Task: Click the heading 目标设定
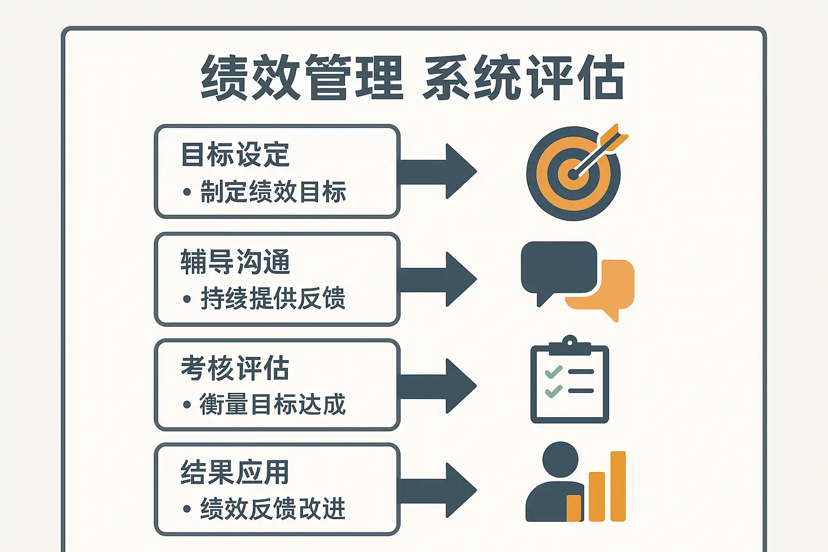pyautogui.click(x=235, y=155)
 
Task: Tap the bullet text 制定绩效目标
pyautogui.click(x=273, y=192)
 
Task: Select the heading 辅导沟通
pyautogui.click(x=235, y=262)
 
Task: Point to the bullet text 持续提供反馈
pyautogui.click(x=273, y=299)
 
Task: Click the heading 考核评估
pyautogui.click(x=235, y=369)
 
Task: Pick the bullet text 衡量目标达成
pyautogui.click(x=273, y=404)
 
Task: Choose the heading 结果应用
pyautogui.click(x=235, y=473)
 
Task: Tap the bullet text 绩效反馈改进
pyautogui.click(x=273, y=509)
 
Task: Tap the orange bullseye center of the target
pyautogui.click(x=572, y=174)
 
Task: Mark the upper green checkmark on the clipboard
pyautogui.click(x=554, y=372)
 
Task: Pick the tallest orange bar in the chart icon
pyautogui.click(x=618, y=486)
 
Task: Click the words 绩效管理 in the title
pyautogui.click(x=302, y=78)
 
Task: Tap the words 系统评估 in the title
pyautogui.click(x=524, y=78)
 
